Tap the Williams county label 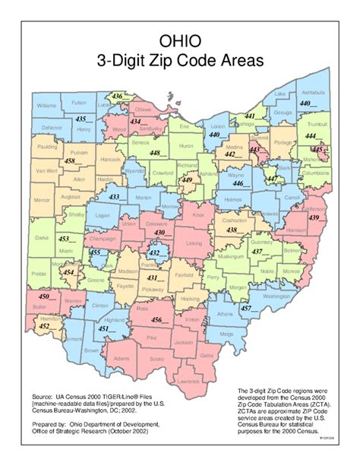pos(46,105)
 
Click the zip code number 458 pos(69,161)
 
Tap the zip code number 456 pos(161,320)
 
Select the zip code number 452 pos(45,326)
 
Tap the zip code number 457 pos(245,308)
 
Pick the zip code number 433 pos(114,197)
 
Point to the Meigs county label pos(226,333)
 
